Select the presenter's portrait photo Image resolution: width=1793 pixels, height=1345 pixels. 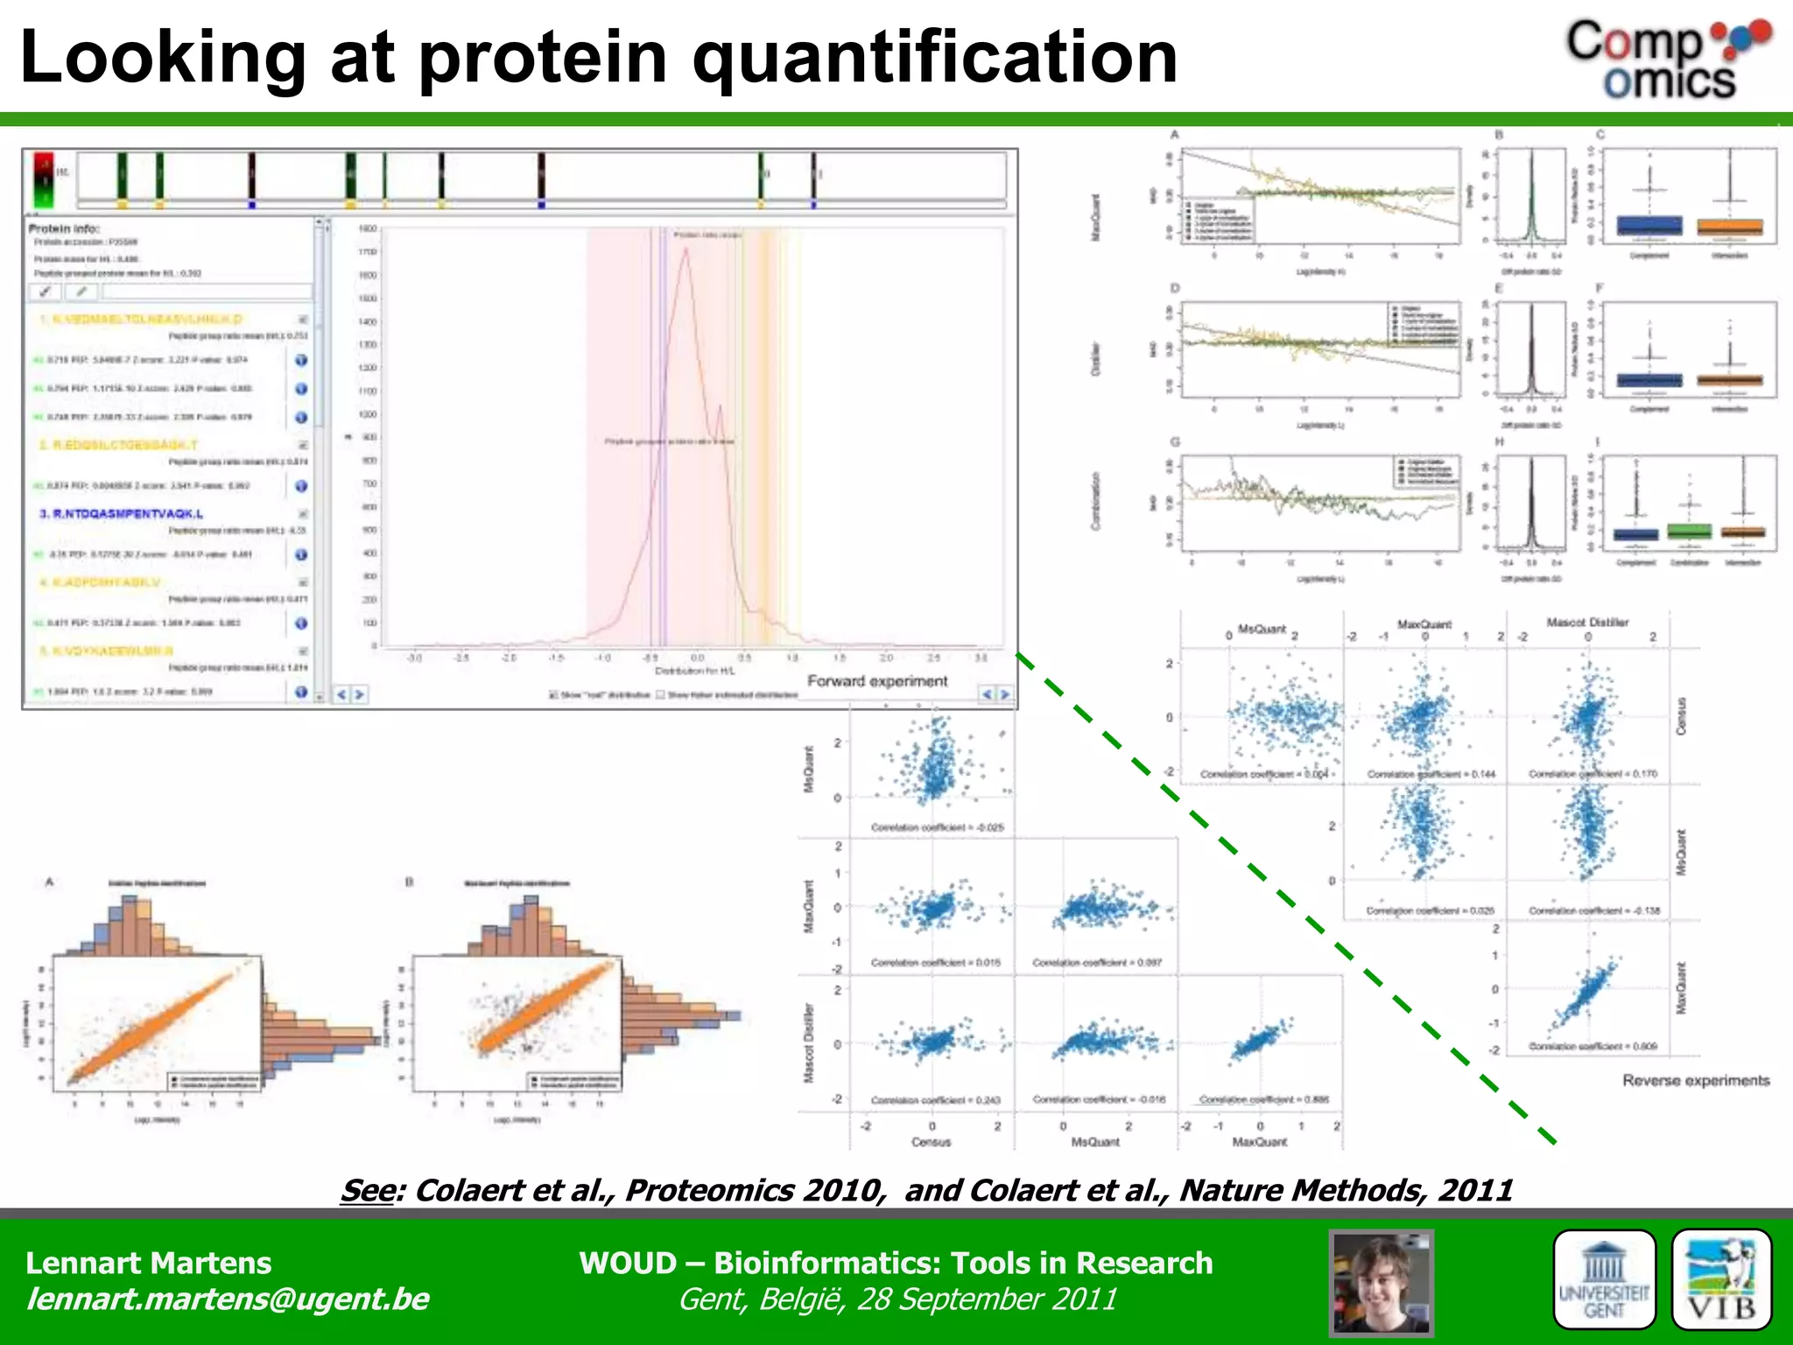pos(1381,1283)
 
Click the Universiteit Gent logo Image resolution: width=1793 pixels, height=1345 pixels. pos(1604,1280)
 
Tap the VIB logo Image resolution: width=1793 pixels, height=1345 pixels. pos(1721,1280)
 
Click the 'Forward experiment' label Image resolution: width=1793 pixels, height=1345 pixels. pos(877,681)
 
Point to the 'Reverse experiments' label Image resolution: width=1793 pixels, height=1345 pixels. pos(1696,1081)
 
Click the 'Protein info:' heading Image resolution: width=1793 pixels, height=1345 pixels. pos(64,229)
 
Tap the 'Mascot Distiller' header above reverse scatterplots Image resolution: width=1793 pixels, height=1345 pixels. pos(1587,623)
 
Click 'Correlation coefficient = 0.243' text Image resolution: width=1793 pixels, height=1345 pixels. pos(935,1100)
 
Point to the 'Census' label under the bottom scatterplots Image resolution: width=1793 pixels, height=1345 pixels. pos(931,1142)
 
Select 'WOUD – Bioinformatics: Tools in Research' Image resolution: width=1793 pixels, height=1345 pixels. pos(896,1263)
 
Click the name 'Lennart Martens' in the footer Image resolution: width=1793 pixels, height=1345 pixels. pos(149,1263)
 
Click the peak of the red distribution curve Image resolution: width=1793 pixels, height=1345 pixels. pos(686,250)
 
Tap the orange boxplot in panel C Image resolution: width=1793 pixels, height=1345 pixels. pos(1729,227)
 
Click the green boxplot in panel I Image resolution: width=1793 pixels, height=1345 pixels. pos(1689,532)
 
